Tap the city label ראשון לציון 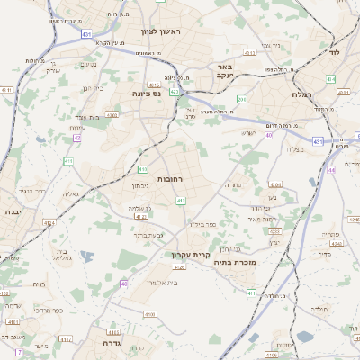(x=161, y=32)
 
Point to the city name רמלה (x=301, y=94)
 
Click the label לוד (x=335, y=53)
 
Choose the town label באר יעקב (x=225, y=72)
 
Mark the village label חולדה (x=319, y=309)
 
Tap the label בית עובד (x=86, y=117)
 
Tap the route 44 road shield (x=331, y=169)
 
